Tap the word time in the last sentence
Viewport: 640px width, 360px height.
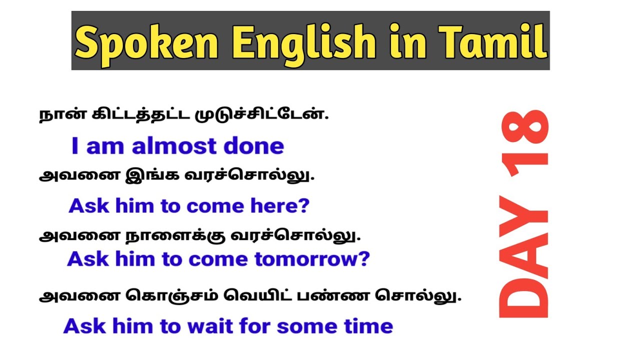click(368, 326)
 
